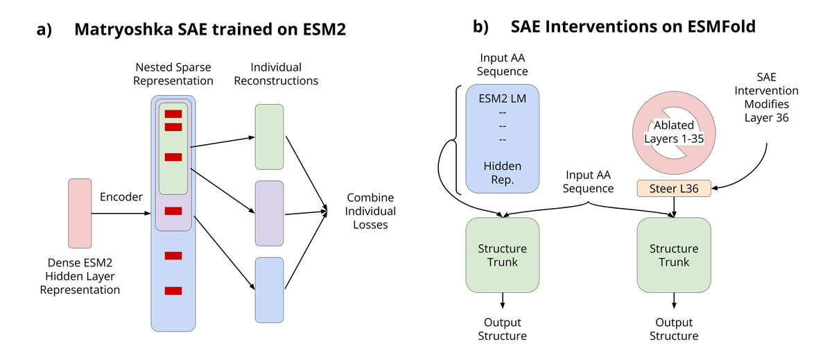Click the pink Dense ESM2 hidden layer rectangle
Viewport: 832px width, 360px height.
coord(80,213)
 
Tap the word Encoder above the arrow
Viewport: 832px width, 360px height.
coord(121,197)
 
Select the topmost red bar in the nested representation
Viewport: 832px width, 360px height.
coord(173,114)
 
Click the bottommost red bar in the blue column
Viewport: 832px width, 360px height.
coord(173,291)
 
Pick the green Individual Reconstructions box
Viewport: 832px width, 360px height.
coord(269,137)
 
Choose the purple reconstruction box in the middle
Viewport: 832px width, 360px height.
coord(269,213)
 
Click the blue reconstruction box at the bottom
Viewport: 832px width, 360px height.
coord(269,290)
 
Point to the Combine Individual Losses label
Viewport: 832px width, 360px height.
coord(370,211)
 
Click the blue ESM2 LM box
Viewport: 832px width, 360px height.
coord(502,139)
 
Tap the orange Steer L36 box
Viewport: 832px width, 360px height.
coord(674,189)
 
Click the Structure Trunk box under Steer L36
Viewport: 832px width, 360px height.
coord(674,255)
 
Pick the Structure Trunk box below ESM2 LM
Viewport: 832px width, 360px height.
coord(502,255)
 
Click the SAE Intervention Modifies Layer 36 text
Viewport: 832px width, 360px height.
coord(766,97)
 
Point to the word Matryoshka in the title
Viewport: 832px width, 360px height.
coord(123,29)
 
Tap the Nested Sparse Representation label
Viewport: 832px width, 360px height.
coord(173,74)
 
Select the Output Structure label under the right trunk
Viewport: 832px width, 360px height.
coord(674,329)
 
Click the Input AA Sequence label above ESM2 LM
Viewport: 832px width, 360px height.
coord(502,65)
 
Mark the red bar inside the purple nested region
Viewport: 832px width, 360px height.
coord(173,211)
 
